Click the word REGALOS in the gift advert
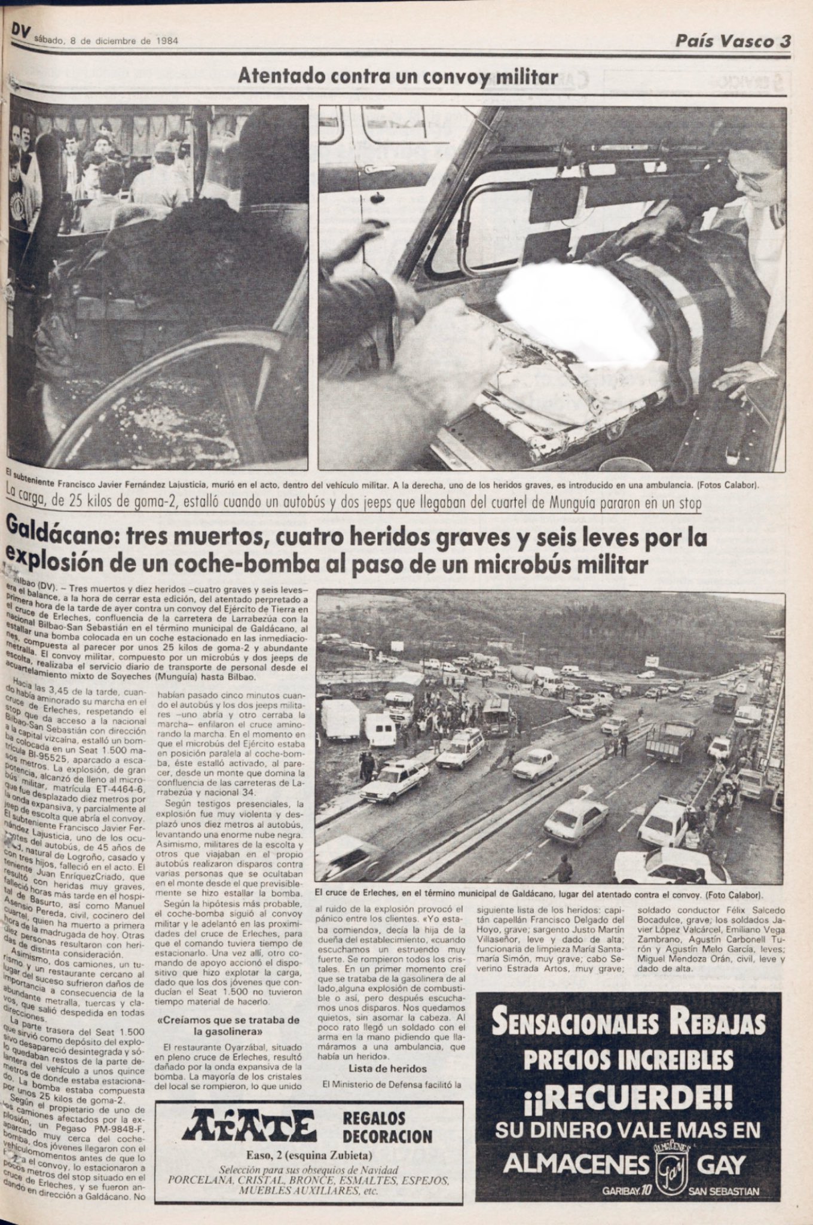(374, 1119)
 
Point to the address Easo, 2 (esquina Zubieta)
(308, 1154)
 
